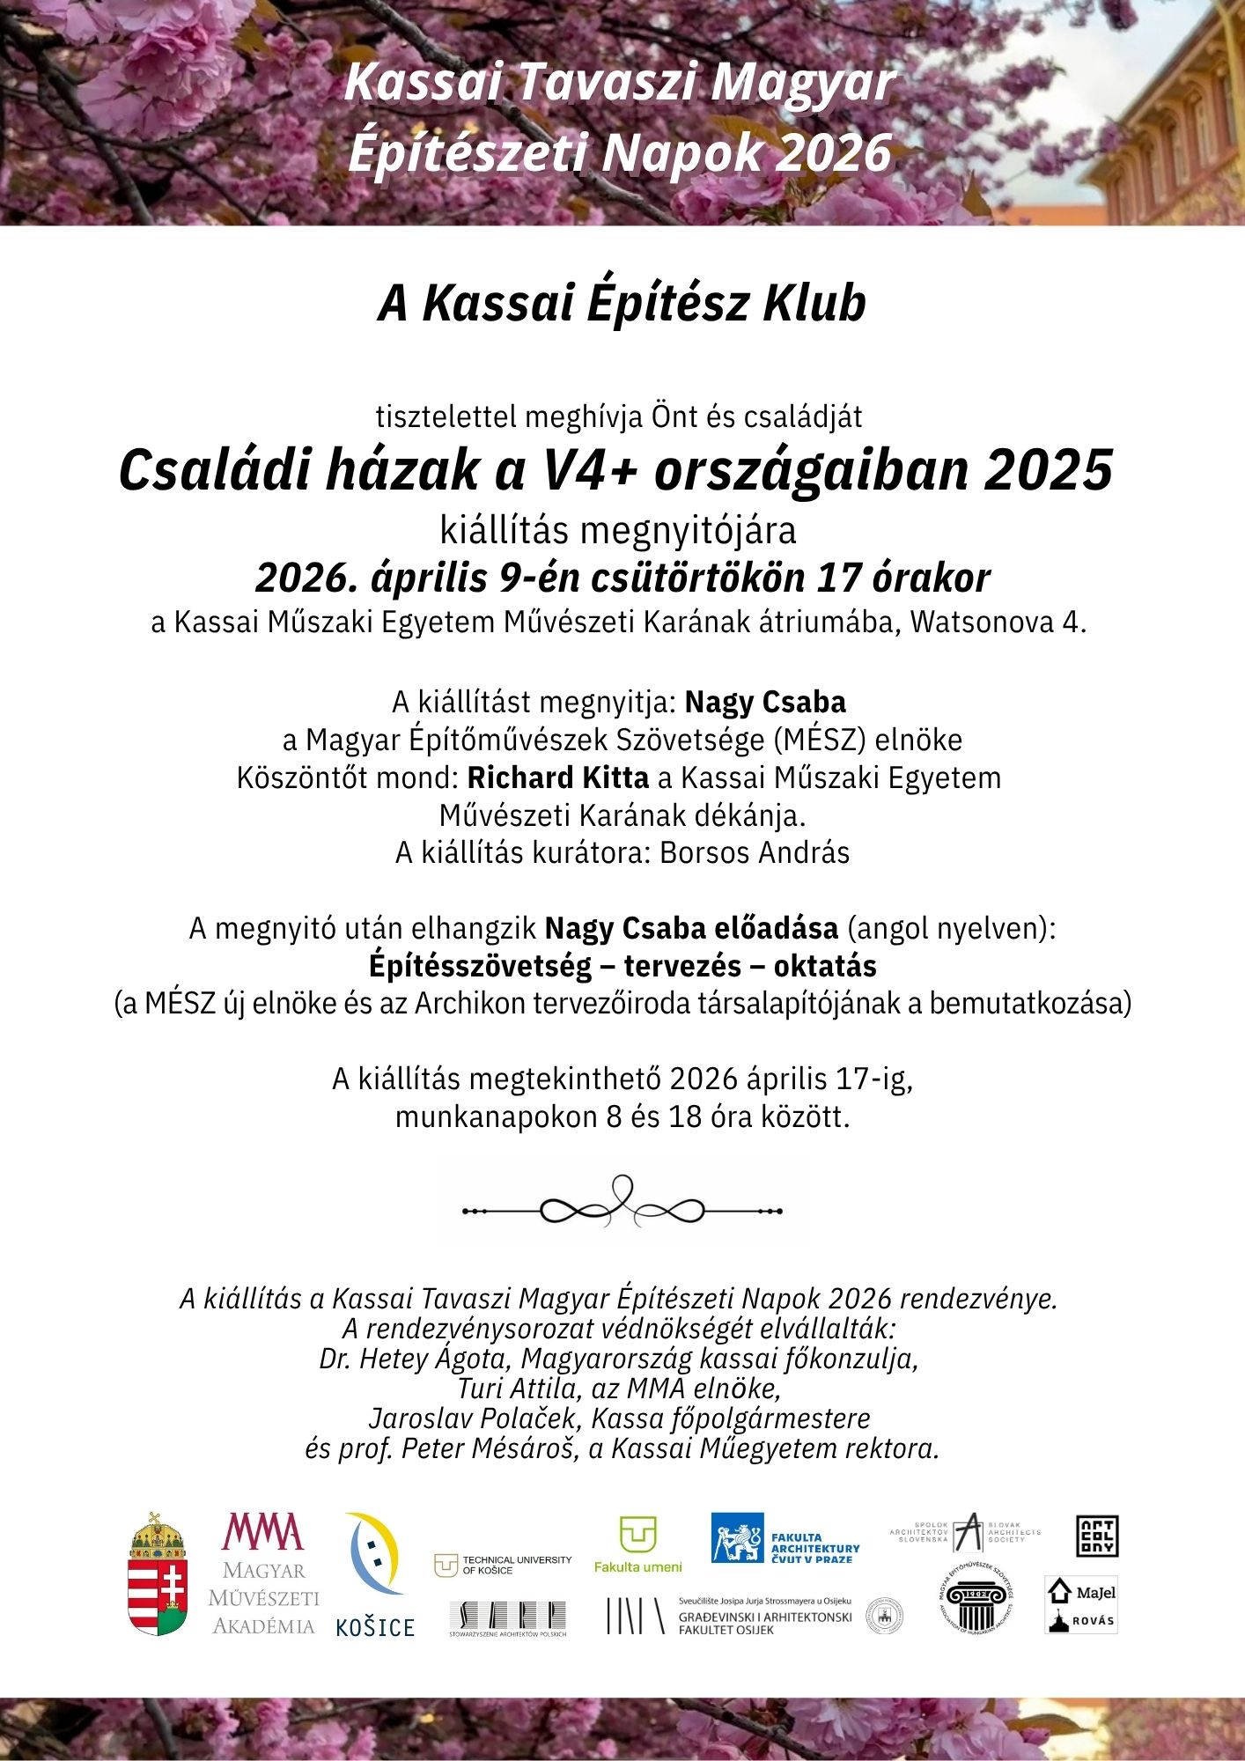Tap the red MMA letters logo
coord(262,1533)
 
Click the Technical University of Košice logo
coord(503,1565)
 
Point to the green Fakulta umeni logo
coord(638,1544)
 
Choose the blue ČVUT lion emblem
coord(737,1538)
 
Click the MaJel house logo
coord(1081,1592)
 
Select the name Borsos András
coord(755,853)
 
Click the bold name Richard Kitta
coord(557,778)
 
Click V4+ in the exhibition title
coord(587,470)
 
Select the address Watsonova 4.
coord(998,623)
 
